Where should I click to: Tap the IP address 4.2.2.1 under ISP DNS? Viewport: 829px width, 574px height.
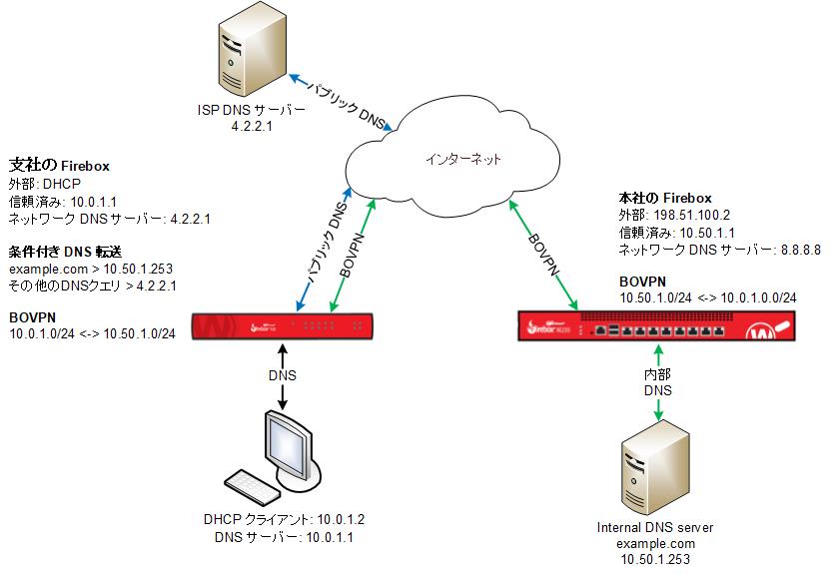coord(252,127)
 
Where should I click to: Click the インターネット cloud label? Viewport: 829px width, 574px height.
coord(460,159)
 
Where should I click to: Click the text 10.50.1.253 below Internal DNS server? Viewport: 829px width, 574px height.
coord(653,560)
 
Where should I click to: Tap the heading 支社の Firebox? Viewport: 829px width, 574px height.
coord(58,165)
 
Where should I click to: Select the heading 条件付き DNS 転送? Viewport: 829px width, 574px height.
coord(65,251)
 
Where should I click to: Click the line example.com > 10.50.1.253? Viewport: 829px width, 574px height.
coord(86,270)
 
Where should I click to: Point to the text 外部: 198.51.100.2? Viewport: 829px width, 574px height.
coord(675,216)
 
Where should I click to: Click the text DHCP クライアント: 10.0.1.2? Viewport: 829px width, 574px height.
coord(283,519)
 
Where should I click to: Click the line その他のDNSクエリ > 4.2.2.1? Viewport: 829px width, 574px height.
coord(93,287)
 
